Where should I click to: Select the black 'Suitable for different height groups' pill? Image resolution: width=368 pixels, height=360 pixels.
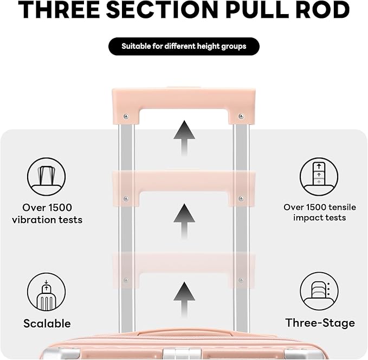tap(184, 46)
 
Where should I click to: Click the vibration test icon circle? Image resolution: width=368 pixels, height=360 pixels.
tap(47, 177)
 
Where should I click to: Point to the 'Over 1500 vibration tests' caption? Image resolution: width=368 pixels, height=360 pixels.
tap(47, 214)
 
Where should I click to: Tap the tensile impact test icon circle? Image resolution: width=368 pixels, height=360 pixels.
tap(319, 177)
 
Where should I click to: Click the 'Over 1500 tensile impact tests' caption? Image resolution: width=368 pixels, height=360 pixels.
tap(319, 212)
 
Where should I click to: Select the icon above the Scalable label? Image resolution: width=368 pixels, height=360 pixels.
tap(47, 292)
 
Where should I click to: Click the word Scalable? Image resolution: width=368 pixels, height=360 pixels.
tap(47, 324)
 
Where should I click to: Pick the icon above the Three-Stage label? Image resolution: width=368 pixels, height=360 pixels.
tap(319, 291)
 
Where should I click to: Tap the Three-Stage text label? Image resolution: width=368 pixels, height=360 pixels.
tap(320, 323)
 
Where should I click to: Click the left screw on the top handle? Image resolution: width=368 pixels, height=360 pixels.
tap(126, 115)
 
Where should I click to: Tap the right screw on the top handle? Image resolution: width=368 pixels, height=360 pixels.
tap(241, 115)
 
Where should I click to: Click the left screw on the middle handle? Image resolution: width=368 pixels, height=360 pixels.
tap(126, 198)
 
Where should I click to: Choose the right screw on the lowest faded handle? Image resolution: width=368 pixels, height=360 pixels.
tap(241, 280)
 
